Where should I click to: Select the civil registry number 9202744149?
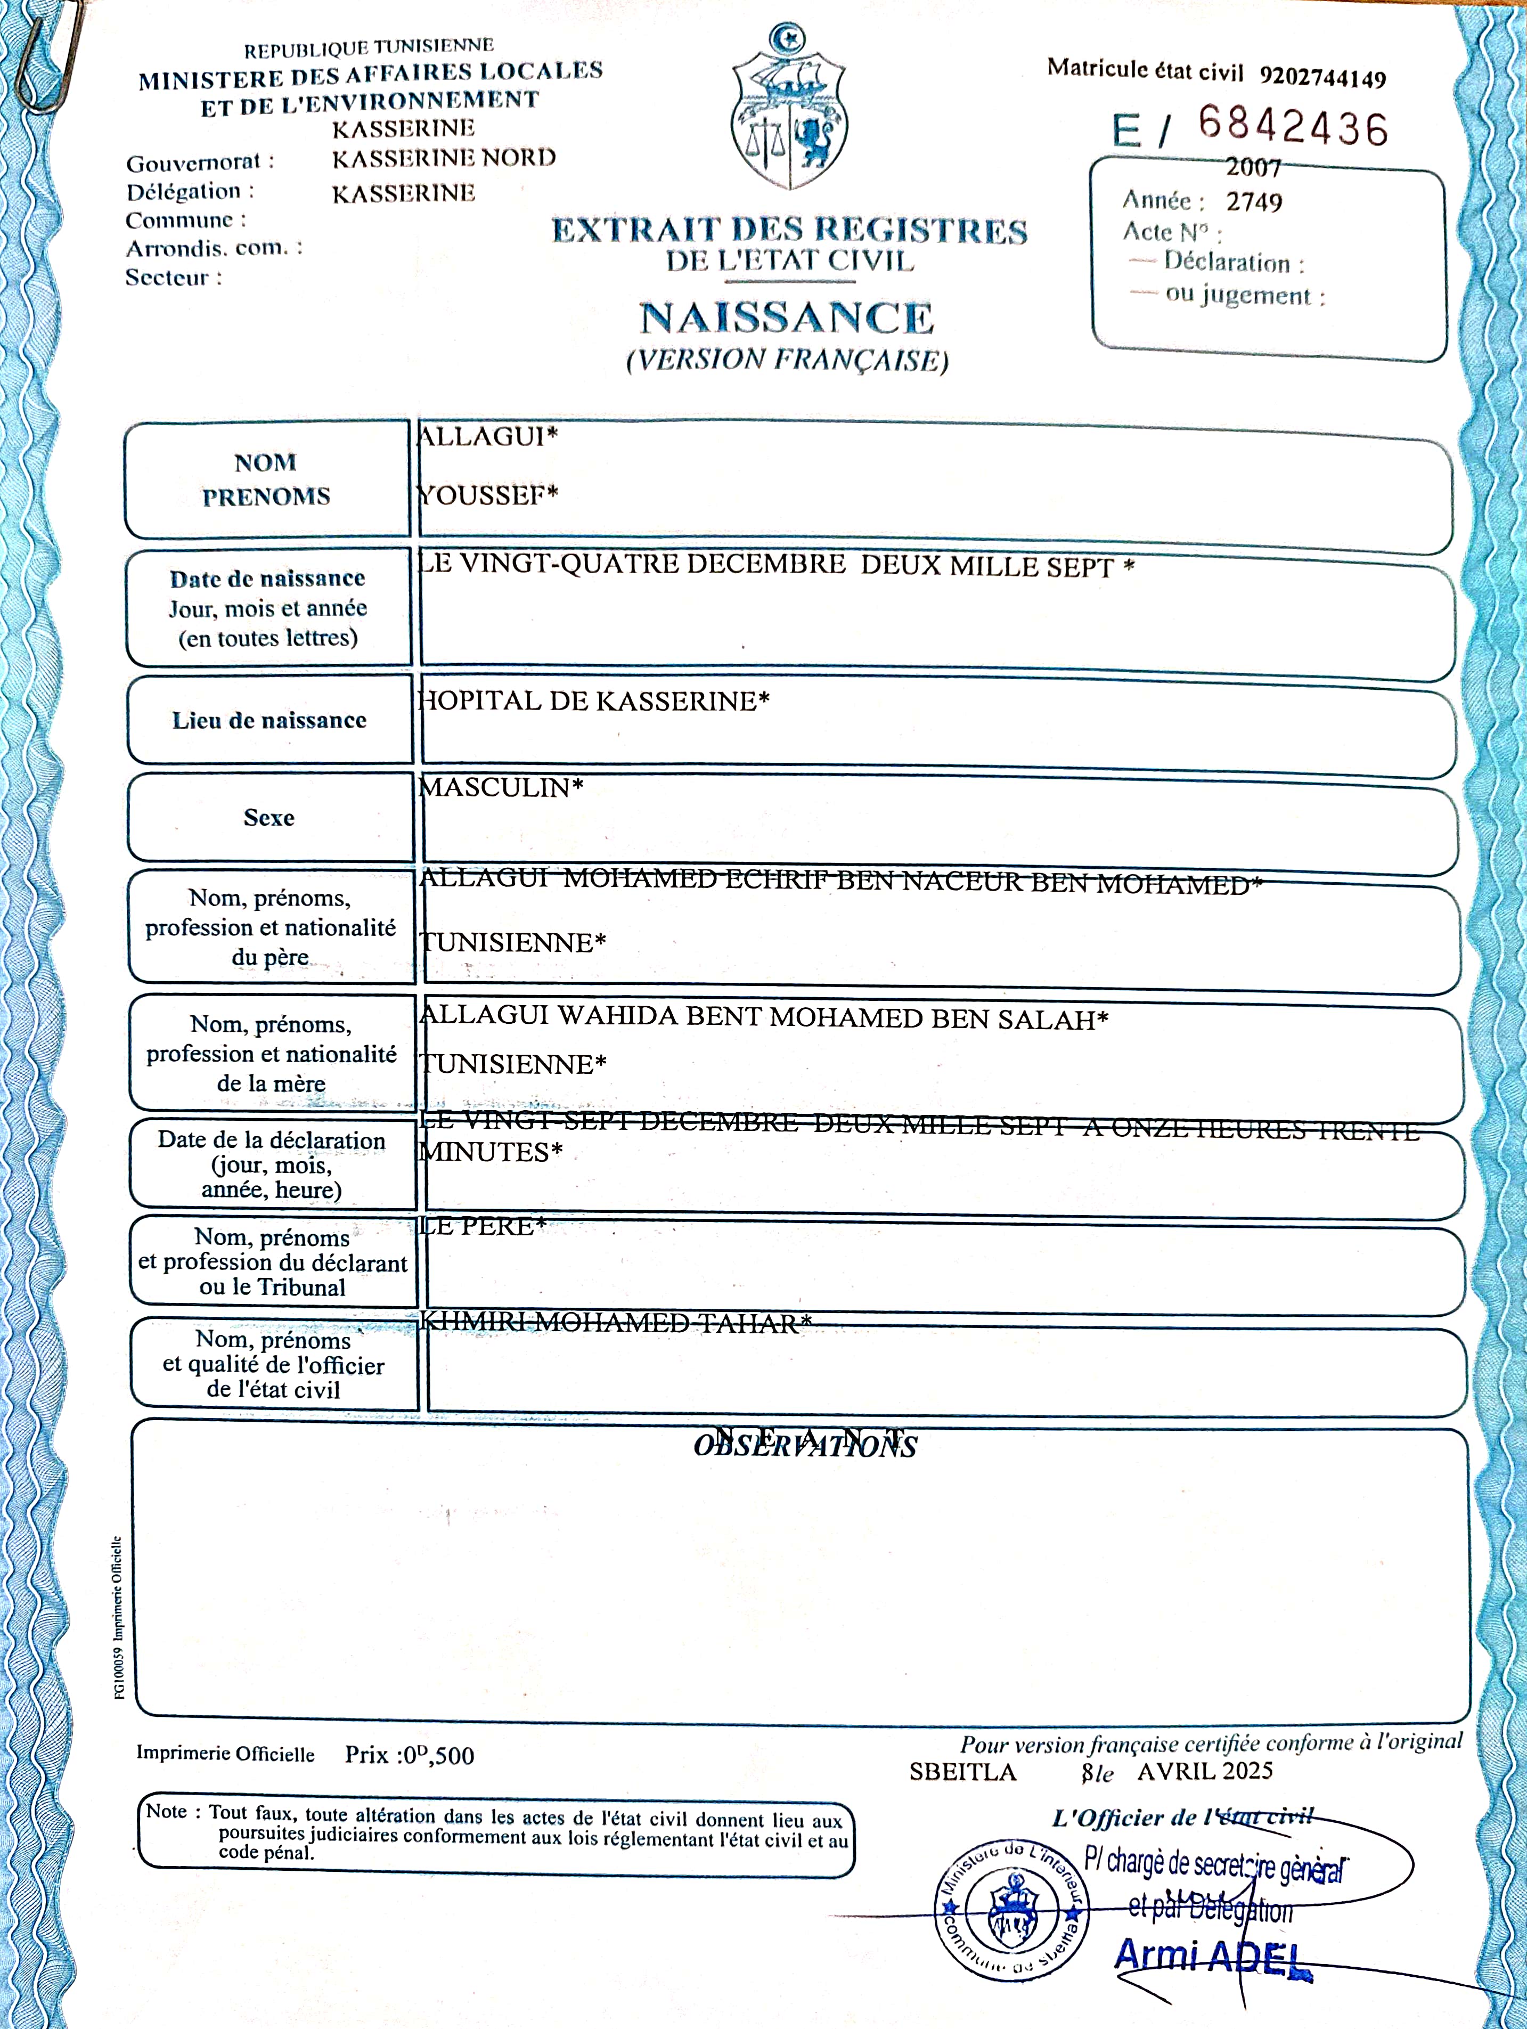[1322, 77]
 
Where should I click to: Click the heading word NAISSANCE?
[786, 319]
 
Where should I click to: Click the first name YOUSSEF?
[487, 495]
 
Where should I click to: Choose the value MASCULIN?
[500, 787]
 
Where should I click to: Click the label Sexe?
[269, 817]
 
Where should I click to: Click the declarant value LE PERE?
[481, 1226]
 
